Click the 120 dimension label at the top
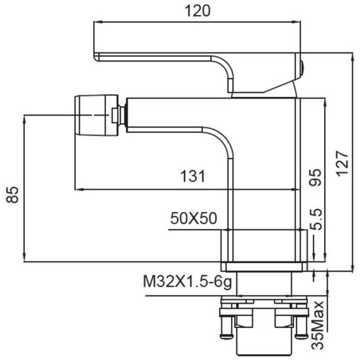click(198, 11)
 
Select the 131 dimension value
click(192, 176)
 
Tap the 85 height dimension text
click(12, 195)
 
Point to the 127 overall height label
click(342, 164)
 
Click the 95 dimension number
click(315, 177)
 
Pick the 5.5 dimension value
click(316, 219)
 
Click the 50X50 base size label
click(194, 218)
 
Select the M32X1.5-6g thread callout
click(187, 281)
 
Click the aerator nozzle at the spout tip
click(96, 115)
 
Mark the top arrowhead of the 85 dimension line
click(24, 119)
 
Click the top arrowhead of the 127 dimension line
click(352, 57)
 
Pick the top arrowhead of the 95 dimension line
click(325, 102)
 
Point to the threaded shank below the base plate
click(264, 284)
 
